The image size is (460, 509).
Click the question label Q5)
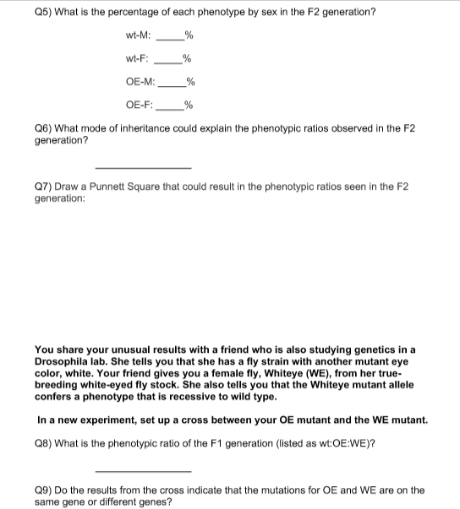click(43, 12)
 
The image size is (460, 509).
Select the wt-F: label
click(137, 58)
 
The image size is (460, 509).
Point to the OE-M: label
click(140, 82)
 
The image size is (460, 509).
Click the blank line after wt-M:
click(172, 38)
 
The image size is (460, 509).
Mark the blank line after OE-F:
click(172, 108)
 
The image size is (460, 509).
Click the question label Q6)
click(43, 129)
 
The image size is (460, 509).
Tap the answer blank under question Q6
click(143, 166)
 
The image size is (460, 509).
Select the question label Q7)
click(43, 187)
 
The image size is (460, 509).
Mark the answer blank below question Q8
click(143, 469)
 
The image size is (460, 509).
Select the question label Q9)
click(43, 490)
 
